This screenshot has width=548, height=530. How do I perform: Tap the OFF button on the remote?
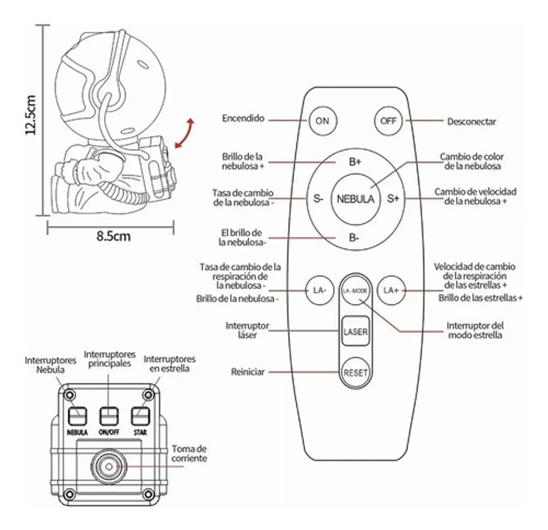pyautogui.click(x=388, y=121)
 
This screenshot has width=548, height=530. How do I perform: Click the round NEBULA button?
pyautogui.click(x=355, y=199)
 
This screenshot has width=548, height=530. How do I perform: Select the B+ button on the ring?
pyautogui.click(x=355, y=162)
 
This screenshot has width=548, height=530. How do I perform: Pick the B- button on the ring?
pyautogui.click(x=354, y=238)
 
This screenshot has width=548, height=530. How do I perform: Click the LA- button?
pyautogui.click(x=319, y=290)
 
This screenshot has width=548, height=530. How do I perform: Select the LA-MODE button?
pyautogui.click(x=355, y=291)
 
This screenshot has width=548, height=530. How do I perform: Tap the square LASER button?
pyautogui.click(x=355, y=331)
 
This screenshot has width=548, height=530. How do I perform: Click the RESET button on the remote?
pyautogui.click(x=355, y=373)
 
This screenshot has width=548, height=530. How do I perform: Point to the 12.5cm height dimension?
pyautogui.click(x=30, y=115)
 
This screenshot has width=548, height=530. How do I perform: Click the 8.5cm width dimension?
pyautogui.click(x=113, y=236)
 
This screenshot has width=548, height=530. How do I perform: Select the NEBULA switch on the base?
pyautogui.click(x=77, y=416)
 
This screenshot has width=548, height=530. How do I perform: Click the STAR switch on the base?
pyautogui.click(x=140, y=416)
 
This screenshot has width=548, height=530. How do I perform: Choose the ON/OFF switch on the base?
pyautogui.click(x=109, y=416)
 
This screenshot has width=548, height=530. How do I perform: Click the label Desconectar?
pyautogui.click(x=472, y=122)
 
